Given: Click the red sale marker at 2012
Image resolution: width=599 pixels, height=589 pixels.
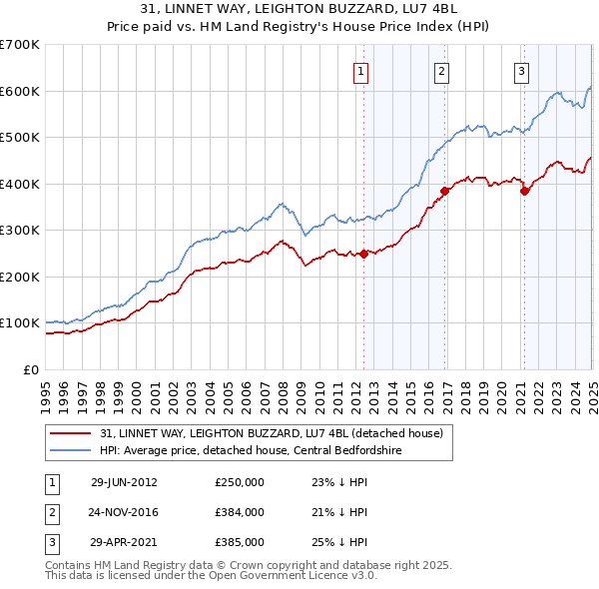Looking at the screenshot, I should coord(364,254).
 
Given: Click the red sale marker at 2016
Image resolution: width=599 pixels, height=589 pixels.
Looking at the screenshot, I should coord(445,190).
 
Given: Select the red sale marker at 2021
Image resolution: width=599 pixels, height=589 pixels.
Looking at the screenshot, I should coord(525,192).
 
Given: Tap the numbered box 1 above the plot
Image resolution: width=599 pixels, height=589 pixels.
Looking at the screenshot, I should coord(359,71).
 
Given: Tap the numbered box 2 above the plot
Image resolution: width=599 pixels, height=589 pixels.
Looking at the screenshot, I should coord(440,71).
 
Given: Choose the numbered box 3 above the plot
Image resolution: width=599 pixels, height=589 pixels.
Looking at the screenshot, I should coord(521,71).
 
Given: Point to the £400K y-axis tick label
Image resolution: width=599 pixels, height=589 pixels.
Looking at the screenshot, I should coord(20,184).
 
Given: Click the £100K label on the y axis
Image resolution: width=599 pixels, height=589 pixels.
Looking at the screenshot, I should coord(20,323).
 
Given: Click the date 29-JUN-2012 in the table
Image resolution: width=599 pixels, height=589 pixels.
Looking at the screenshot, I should coord(124,482).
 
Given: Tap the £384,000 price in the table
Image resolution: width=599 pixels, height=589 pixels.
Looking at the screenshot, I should coord(240,512).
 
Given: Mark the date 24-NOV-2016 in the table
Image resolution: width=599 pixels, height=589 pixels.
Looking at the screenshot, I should coord(124,512).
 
